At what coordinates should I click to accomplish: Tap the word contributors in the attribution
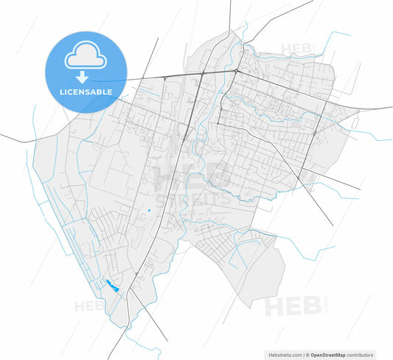pos(359,355)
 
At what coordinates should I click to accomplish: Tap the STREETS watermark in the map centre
pos(200,198)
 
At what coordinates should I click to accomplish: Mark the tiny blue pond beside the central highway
pos(149,212)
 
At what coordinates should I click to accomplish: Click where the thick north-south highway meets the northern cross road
pos(201,75)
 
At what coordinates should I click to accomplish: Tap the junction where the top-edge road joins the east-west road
pos(234,72)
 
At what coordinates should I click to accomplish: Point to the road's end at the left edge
pos(2,135)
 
